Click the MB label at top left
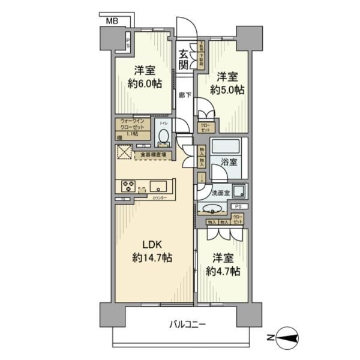click(112, 21)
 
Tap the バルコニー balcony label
click(188, 324)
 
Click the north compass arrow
click(287, 339)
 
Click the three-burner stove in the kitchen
click(128, 187)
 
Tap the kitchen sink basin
click(159, 185)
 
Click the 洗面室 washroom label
click(221, 193)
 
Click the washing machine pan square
click(239, 192)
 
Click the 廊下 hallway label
click(185, 95)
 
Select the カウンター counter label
click(160, 198)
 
